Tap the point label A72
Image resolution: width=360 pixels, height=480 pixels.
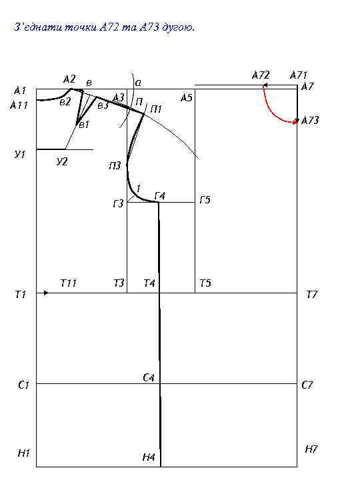261,75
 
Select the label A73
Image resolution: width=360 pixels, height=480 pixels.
310,120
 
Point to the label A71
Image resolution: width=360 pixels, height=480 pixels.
299,75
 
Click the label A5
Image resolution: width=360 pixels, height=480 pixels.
187,97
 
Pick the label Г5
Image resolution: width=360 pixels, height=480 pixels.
205,200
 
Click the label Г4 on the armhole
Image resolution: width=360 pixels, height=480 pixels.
160,195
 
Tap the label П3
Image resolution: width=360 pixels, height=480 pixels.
115,166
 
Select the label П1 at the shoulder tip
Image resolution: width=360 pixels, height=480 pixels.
156,109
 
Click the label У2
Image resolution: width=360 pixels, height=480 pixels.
62,161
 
